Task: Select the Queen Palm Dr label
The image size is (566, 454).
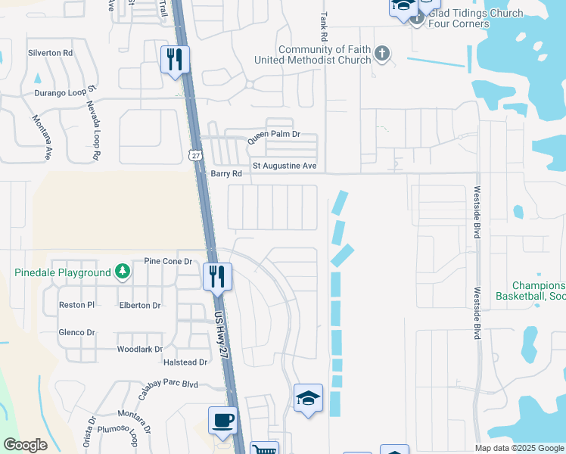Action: [x=274, y=135]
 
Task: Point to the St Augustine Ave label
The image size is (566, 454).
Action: [x=284, y=166]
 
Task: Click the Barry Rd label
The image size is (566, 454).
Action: [x=226, y=173]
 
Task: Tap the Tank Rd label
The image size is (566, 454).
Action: [x=324, y=26]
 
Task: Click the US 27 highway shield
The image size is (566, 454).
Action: [x=196, y=155]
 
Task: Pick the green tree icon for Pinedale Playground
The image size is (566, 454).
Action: [x=122, y=272]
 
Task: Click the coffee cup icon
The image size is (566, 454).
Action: [x=222, y=421]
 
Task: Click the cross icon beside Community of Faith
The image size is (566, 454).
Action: [x=383, y=53]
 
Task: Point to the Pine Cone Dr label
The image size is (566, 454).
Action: [x=167, y=261]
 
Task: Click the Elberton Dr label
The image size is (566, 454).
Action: [x=140, y=306]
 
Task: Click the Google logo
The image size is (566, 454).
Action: [x=25, y=445]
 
